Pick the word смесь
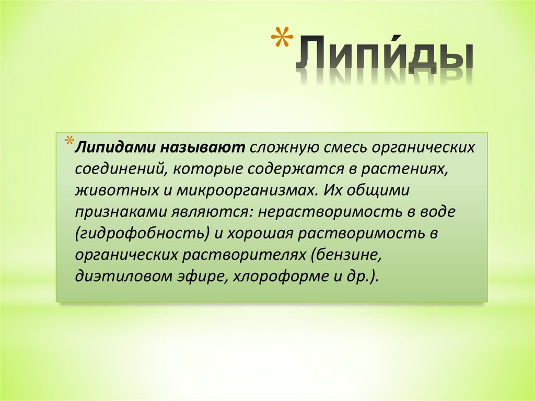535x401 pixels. (x=343, y=147)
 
